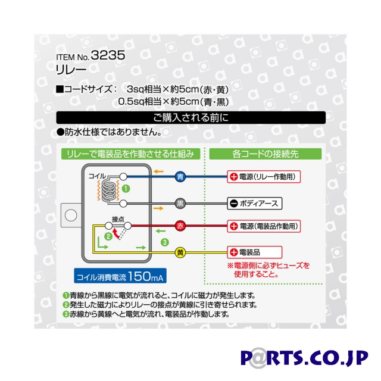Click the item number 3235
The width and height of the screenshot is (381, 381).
click(x=109, y=58)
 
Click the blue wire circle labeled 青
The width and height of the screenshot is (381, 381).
click(x=180, y=177)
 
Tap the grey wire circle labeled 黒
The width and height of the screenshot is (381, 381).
click(x=180, y=203)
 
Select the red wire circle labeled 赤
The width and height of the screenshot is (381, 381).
click(x=180, y=226)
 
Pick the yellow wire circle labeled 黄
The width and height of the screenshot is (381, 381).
click(x=180, y=252)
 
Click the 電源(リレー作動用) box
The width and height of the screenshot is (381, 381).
click(x=264, y=177)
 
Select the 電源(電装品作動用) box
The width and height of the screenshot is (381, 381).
click(x=264, y=226)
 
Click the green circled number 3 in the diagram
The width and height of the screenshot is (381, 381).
click(x=165, y=242)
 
